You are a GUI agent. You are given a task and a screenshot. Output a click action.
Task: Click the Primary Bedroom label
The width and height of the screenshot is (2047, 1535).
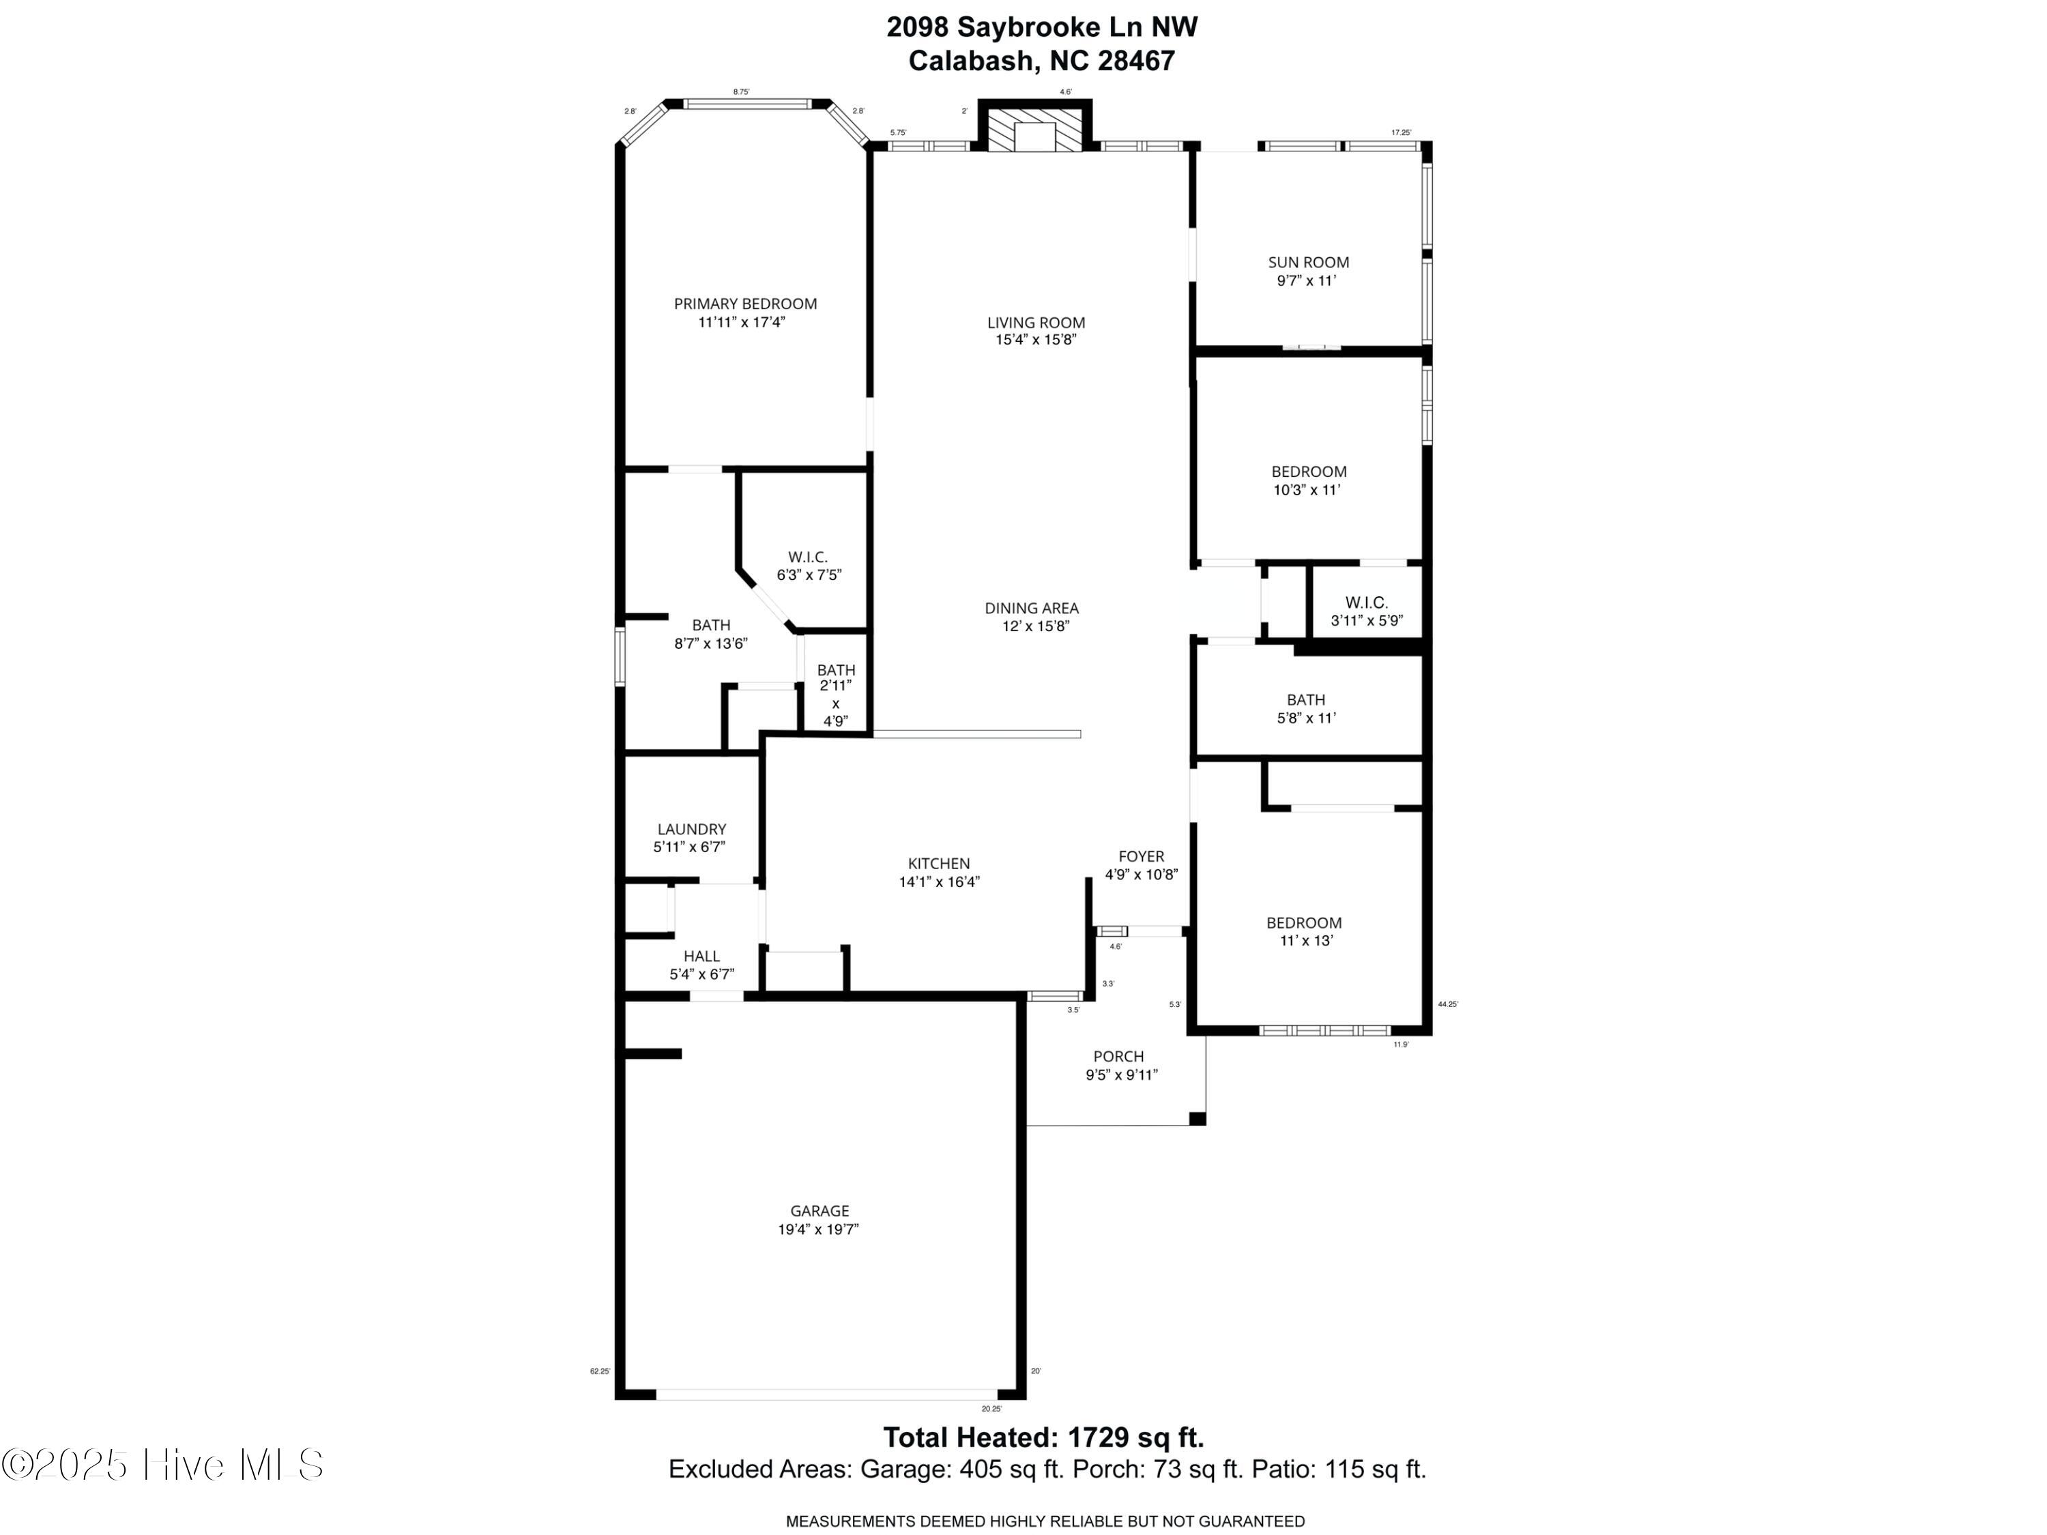745,304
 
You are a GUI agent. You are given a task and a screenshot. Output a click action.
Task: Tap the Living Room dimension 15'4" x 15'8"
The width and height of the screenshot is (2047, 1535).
1036,340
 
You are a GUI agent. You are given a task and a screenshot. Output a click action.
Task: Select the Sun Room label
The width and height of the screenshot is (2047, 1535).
1309,263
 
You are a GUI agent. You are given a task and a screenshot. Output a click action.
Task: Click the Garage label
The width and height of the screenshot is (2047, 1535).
819,1211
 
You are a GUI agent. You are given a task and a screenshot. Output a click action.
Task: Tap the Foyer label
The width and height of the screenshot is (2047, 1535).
1141,857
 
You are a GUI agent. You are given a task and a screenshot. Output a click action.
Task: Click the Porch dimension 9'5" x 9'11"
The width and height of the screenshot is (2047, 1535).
1122,1075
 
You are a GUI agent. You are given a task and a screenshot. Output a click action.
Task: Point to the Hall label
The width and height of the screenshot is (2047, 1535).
701,956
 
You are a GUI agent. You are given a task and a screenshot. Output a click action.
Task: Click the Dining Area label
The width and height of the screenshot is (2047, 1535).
1032,609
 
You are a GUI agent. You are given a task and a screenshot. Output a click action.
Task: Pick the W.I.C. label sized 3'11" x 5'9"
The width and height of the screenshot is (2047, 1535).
1367,603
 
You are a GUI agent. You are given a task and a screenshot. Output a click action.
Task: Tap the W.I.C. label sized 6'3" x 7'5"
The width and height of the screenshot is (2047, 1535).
808,557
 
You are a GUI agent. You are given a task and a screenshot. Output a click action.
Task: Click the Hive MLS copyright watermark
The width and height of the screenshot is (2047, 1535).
163,1465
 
